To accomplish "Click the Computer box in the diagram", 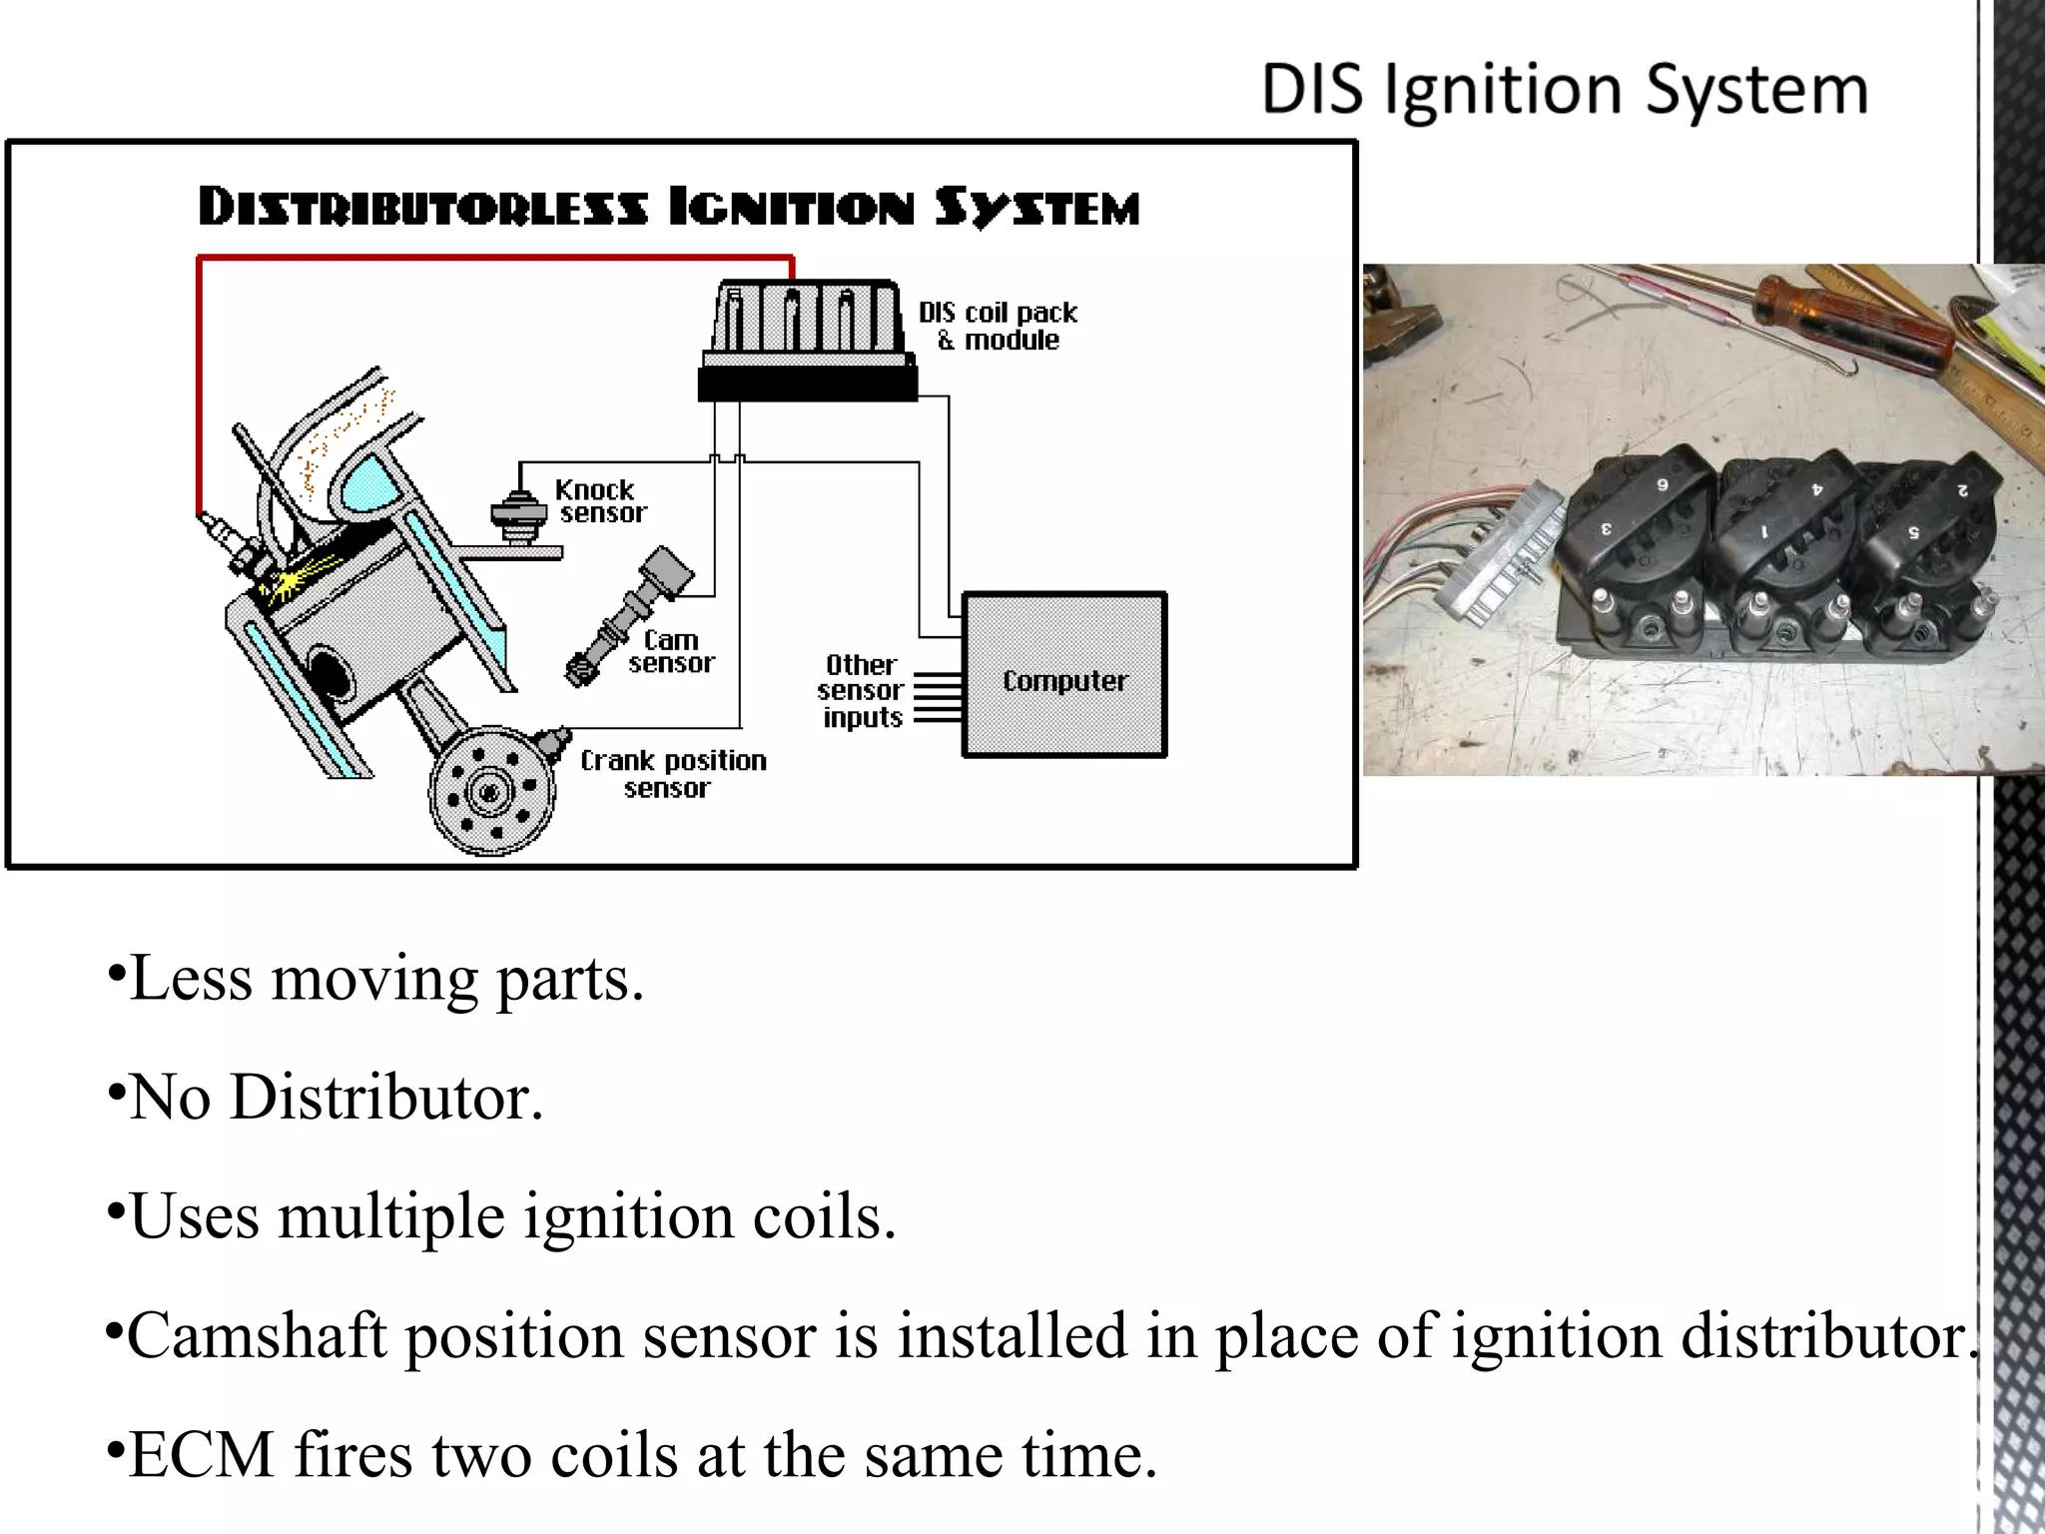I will tap(1064, 675).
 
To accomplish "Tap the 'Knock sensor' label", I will tap(599, 501).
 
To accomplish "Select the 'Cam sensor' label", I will tap(671, 651).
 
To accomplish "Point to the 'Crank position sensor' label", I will tap(673, 774).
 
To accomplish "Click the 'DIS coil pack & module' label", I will tap(999, 326).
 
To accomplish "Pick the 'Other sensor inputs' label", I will tap(861, 691).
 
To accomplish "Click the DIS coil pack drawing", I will tap(807, 340).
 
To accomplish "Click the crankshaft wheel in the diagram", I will tap(491, 792).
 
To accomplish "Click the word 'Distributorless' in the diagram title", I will tap(422, 208).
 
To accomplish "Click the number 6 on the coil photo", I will tap(1663, 485).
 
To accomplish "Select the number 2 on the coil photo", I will tap(1962, 489).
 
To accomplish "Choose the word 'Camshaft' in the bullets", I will tap(257, 1336).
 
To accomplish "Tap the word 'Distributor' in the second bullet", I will tap(385, 1098).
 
